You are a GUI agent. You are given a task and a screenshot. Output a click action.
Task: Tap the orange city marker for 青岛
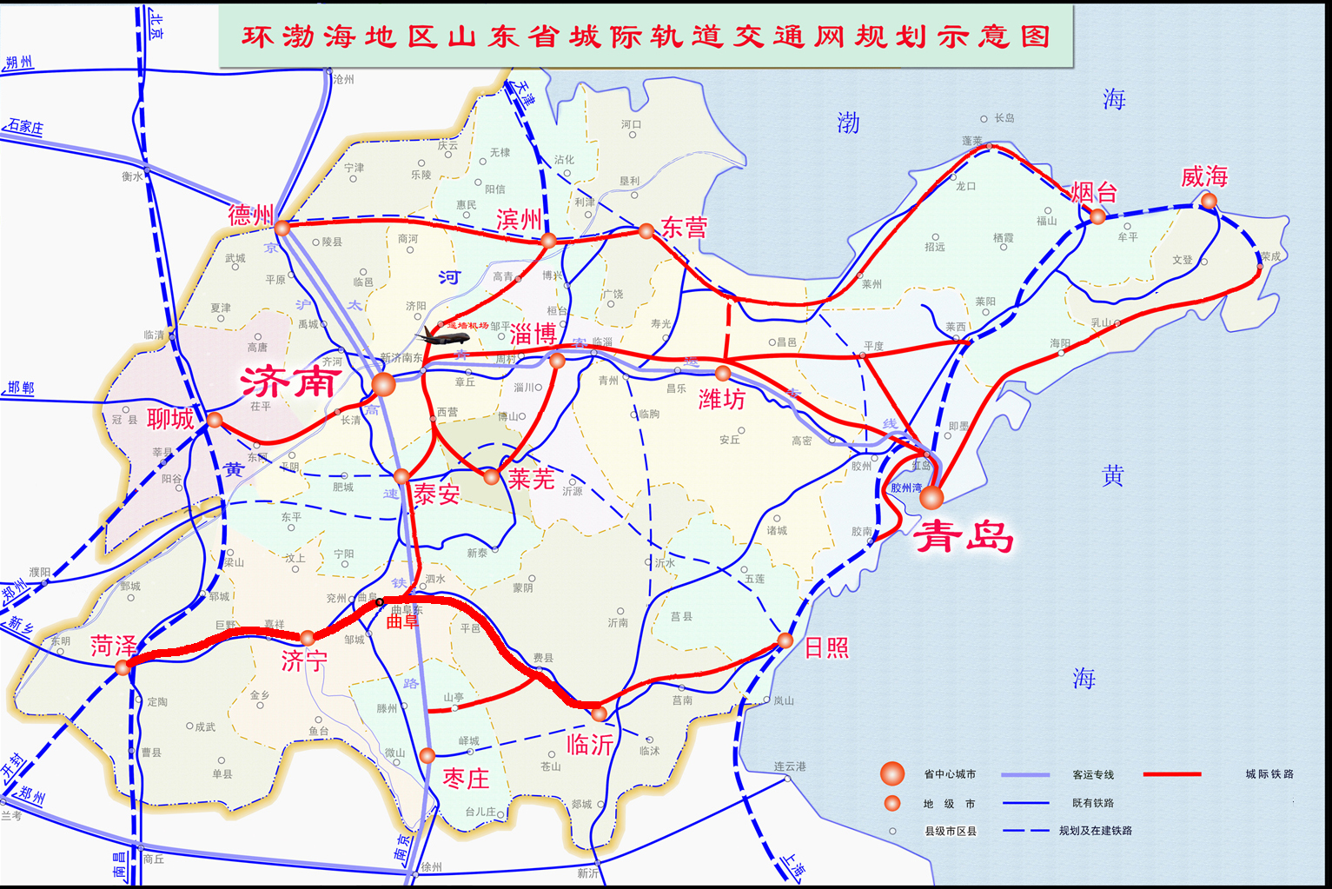(931, 497)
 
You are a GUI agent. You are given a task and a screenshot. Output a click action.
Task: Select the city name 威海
(1203, 177)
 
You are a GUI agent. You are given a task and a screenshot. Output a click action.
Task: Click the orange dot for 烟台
(1098, 216)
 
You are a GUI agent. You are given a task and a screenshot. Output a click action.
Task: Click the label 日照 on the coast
(826, 647)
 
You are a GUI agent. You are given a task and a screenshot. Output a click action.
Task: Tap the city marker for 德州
(282, 228)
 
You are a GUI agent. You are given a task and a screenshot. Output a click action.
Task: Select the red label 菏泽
(113, 646)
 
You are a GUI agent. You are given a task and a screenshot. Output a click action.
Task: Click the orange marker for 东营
(646, 231)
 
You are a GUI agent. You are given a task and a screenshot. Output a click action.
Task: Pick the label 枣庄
(466, 779)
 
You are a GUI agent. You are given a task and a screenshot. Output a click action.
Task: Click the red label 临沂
(590, 744)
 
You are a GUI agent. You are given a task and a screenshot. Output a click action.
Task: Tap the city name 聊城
(170, 419)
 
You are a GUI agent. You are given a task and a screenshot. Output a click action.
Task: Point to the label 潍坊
(722, 399)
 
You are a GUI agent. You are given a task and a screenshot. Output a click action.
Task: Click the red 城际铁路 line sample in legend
(1172, 773)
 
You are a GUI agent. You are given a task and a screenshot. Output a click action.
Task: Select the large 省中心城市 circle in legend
(892, 773)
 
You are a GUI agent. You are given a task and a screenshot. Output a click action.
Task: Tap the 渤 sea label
(848, 123)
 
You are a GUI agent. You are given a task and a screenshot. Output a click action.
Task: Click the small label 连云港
(790, 766)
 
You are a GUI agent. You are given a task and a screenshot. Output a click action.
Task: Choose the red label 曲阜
(402, 621)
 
